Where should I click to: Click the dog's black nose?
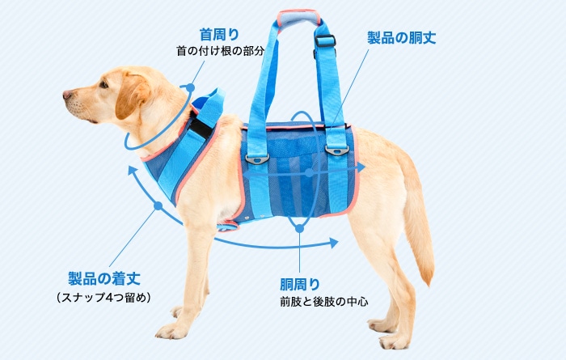pyautogui.click(x=67, y=95)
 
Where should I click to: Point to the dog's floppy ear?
pyautogui.click(x=134, y=95)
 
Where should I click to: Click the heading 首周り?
pyautogui.click(x=219, y=34)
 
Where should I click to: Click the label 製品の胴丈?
pyautogui.click(x=401, y=38)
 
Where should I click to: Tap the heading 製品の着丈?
pyautogui.click(x=104, y=278)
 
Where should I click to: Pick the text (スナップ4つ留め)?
pyautogui.click(x=104, y=297)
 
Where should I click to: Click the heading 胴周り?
pyautogui.click(x=300, y=284)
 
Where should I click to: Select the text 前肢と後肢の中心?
pyautogui.click(x=323, y=302)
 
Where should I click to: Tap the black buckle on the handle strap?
pyautogui.click(x=325, y=40)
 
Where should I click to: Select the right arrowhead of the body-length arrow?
pyautogui.click(x=361, y=166)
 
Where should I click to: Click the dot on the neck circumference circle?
pyautogui.click(x=190, y=87)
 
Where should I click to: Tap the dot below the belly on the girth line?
pyautogui.click(x=299, y=229)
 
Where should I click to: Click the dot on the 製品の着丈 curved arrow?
pyautogui.click(x=158, y=206)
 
